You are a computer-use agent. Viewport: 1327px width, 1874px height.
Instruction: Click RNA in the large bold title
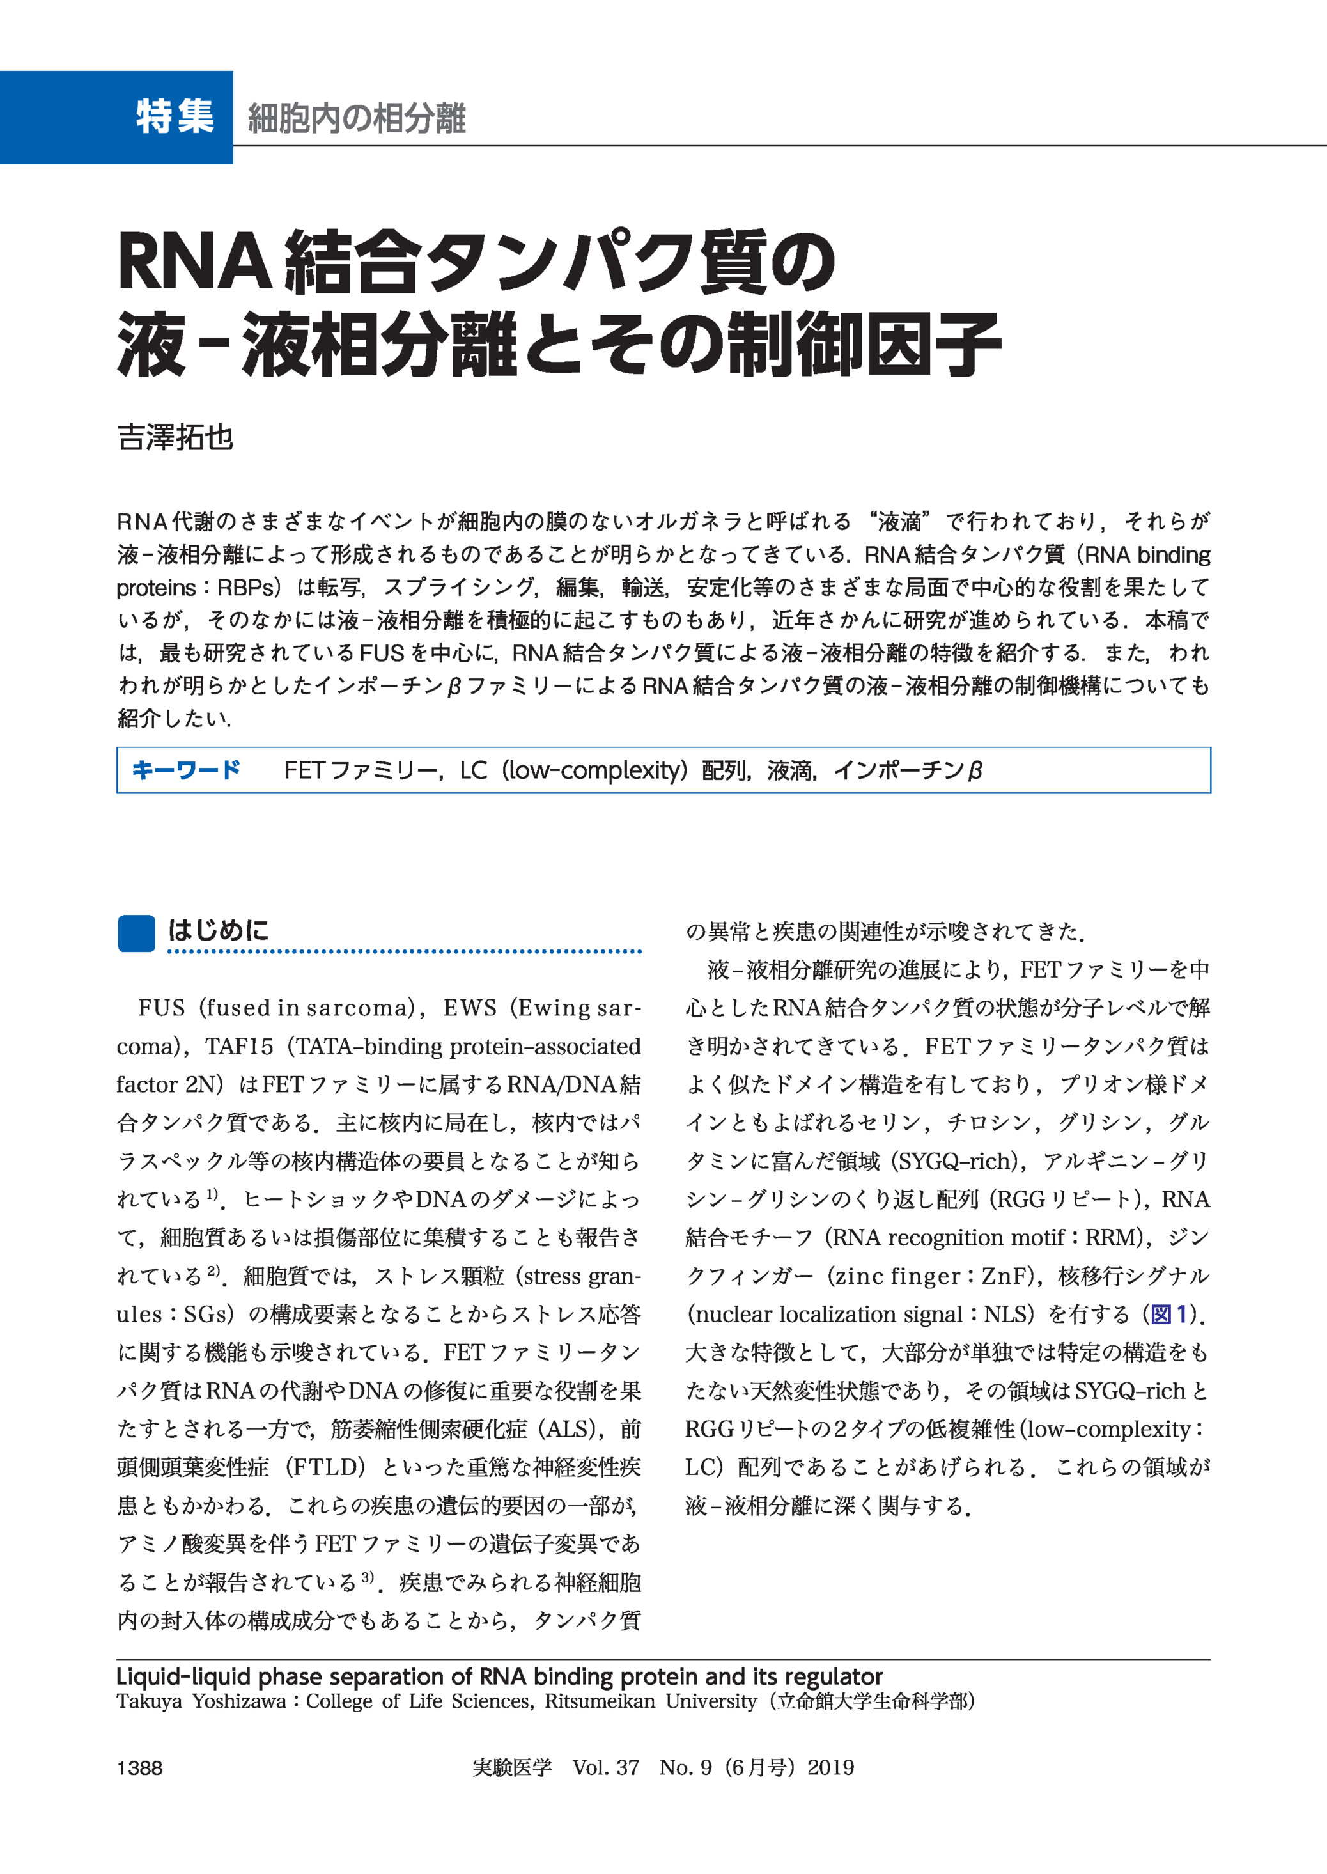tap(194, 262)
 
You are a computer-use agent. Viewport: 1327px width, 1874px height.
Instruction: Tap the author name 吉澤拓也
tap(175, 438)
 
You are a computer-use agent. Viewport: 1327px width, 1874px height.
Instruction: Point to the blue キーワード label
tap(186, 769)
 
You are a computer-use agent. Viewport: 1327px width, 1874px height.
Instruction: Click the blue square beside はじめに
tap(136, 933)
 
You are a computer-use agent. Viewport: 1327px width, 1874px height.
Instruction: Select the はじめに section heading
tap(218, 930)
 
